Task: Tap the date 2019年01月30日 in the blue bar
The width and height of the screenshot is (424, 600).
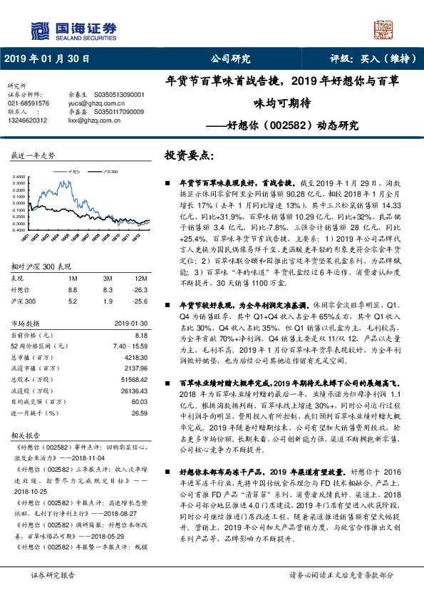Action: point(48,58)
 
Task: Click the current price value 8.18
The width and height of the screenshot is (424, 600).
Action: point(140,334)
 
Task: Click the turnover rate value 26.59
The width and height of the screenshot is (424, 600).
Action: point(139,413)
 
